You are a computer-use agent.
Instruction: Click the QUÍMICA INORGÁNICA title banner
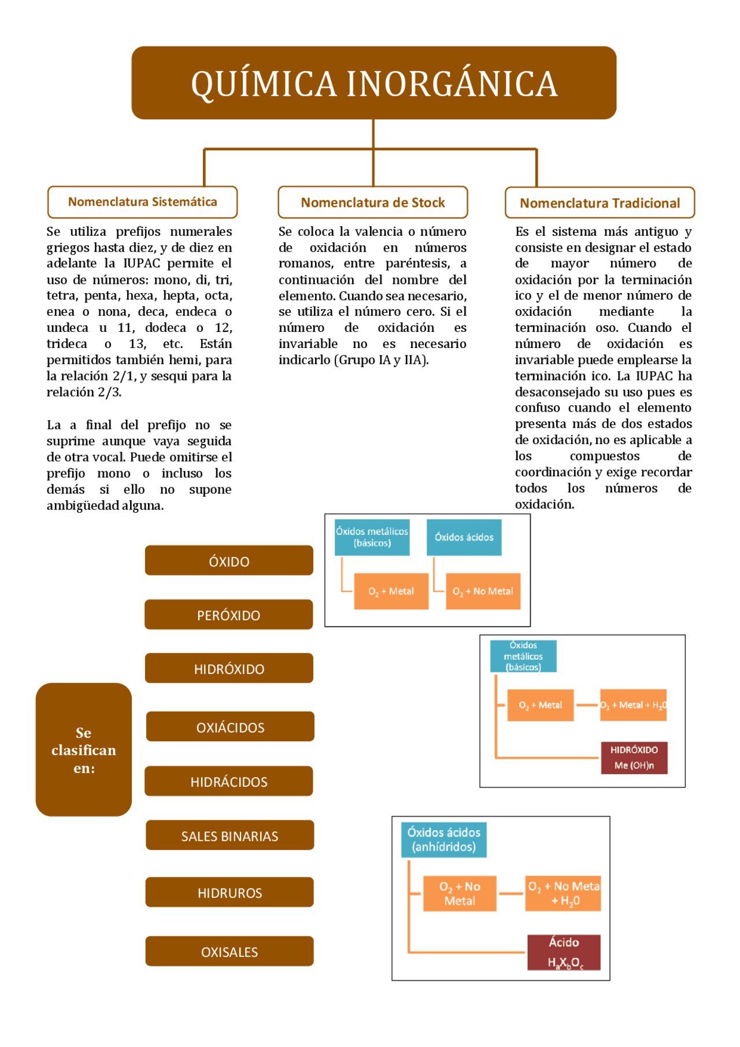(x=373, y=83)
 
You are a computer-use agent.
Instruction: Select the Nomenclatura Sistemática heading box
(x=142, y=202)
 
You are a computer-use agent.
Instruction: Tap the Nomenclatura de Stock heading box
(x=372, y=202)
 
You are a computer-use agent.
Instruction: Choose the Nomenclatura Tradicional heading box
(x=600, y=203)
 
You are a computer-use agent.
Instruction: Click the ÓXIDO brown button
(x=229, y=561)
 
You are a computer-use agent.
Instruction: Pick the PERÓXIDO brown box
(x=228, y=615)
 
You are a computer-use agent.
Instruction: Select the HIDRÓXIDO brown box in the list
(x=229, y=668)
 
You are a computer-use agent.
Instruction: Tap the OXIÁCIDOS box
(x=230, y=727)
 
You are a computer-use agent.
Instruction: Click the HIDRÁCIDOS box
(x=229, y=781)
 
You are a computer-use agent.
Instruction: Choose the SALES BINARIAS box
(x=230, y=835)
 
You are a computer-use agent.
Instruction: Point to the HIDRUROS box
(x=230, y=892)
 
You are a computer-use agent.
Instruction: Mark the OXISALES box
(x=230, y=951)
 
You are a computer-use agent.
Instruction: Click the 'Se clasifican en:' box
(x=84, y=749)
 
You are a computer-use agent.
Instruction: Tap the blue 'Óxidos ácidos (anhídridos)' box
(x=443, y=839)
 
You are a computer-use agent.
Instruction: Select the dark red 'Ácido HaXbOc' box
(x=564, y=952)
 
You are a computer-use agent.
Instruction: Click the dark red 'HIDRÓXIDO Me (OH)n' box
(x=634, y=757)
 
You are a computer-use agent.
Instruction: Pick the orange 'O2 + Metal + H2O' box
(x=633, y=705)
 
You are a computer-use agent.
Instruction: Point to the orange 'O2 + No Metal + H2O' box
(x=563, y=893)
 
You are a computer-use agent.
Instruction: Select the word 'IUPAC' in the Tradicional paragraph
(x=654, y=376)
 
